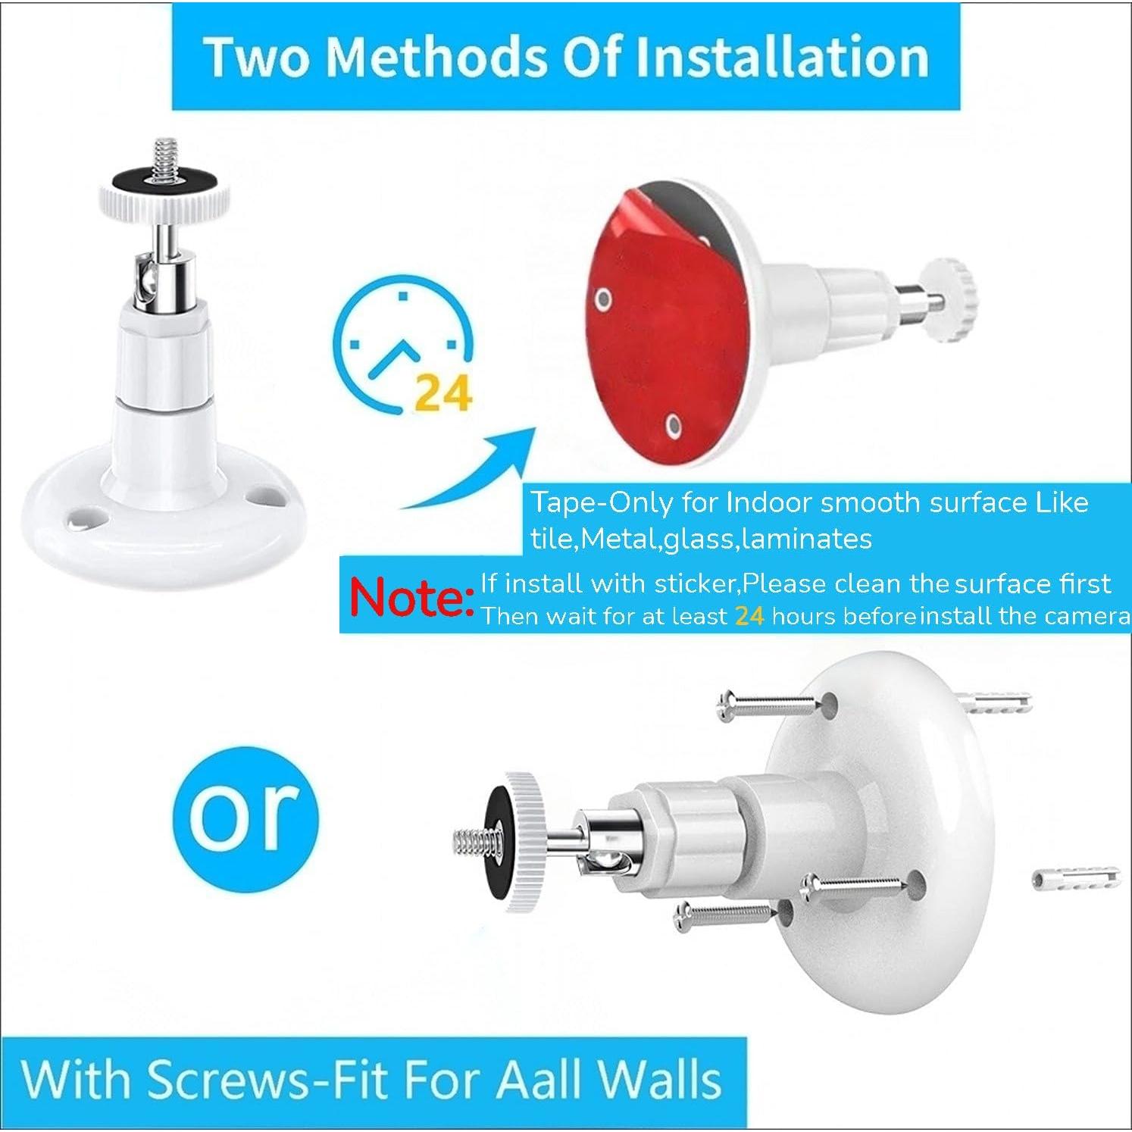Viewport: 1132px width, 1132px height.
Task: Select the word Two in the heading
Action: tap(256, 58)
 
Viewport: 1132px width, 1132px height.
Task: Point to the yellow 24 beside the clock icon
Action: tap(444, 392)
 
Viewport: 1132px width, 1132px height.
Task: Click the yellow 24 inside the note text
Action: tap(749, 616)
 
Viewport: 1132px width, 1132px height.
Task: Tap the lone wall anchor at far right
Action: tap(1075, 877)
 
